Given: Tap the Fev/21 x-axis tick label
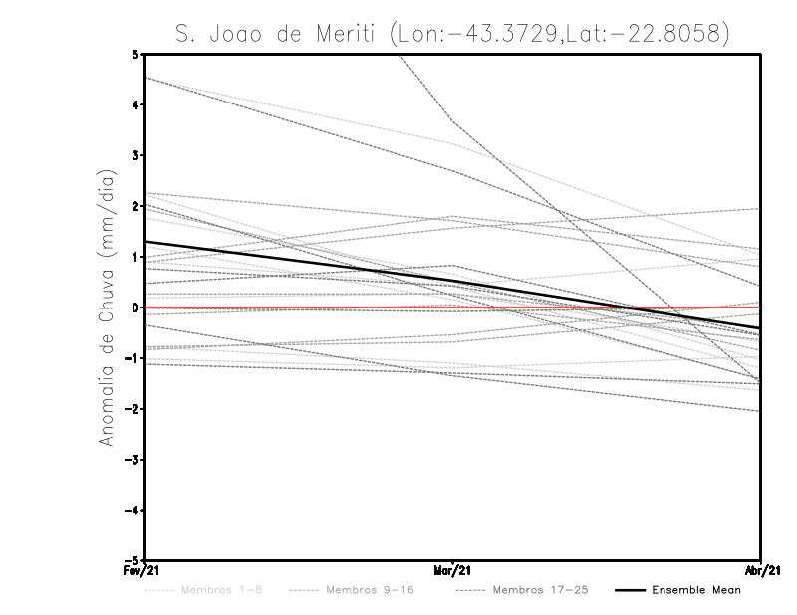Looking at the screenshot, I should coord(145,571).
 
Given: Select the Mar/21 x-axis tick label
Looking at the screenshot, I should coord(453,571).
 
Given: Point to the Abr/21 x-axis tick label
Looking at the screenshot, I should coord(761,571).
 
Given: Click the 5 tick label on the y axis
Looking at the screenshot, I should coord(134,54).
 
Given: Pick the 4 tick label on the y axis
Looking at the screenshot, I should coord(134,104).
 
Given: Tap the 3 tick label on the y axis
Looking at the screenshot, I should coord(134,155).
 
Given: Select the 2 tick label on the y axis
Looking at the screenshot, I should coord(134,206).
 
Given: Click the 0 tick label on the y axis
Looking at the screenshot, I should coord(134,307).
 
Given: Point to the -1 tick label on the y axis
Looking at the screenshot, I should coord(132,358).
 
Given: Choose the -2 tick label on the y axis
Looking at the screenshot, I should coord(132,409).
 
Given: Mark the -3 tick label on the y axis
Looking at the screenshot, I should coord(132,460).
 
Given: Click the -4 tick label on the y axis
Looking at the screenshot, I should coord(132,511).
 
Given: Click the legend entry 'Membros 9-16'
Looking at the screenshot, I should coord(369,590).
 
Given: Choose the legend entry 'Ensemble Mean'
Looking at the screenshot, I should coord(695,590).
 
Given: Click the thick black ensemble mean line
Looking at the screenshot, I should coord(299,263).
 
